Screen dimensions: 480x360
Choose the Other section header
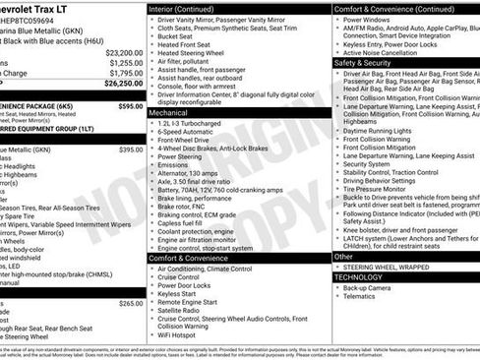[x=344, y=256]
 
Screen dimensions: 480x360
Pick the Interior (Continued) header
[x=190, y=9]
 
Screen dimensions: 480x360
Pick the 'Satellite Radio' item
[x=187, y=310]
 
